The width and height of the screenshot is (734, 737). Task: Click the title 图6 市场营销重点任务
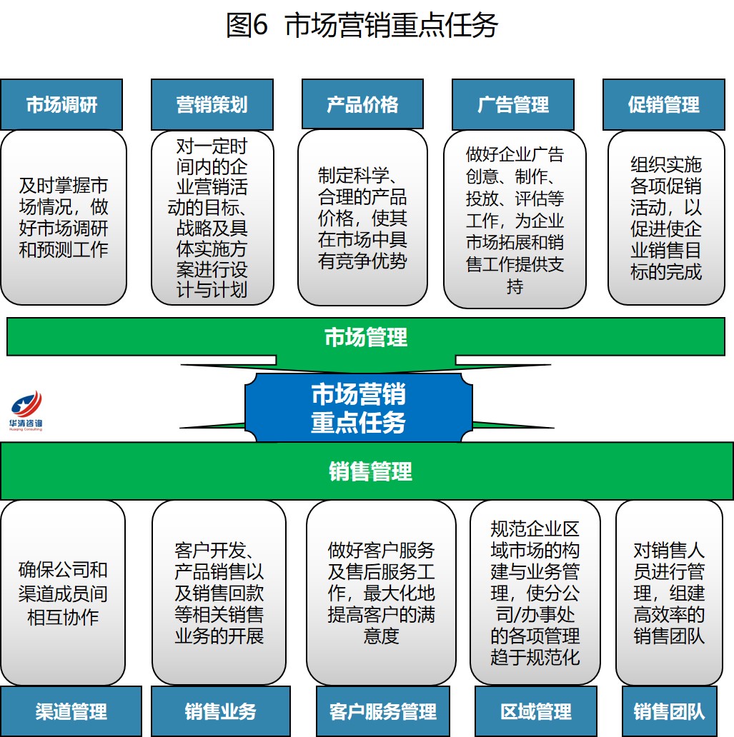(362, 26)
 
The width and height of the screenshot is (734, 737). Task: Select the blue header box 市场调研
(61, 104)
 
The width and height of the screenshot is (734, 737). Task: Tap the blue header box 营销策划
(212, 104)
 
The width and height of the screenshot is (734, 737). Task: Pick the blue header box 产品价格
(362, 104)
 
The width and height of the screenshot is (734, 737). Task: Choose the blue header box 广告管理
(513, 104)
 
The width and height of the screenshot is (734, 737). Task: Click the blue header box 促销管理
(664, 104)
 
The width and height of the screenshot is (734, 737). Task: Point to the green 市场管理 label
(366, 336)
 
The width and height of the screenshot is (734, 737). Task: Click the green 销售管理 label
(370, 471)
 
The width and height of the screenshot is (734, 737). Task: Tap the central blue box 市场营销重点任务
(358, 408)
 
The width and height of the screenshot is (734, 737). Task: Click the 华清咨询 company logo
(26, 411)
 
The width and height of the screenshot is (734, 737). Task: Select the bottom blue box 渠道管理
(71, 711)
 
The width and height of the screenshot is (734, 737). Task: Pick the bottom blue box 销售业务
(221, 711)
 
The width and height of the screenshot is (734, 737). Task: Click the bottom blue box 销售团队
(669, 711)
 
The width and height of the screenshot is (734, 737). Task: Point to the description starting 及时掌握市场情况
(63, 218)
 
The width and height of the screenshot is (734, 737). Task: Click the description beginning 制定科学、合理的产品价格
(362, 218)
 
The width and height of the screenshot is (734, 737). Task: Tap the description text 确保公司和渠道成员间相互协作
(63, 593)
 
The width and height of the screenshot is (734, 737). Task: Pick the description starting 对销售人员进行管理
(670, 593)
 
